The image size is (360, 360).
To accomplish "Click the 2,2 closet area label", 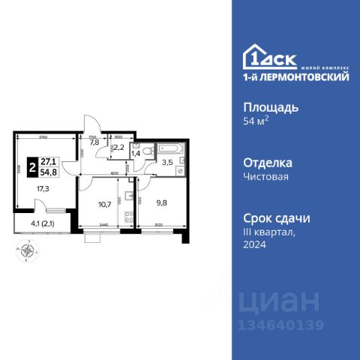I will coord(118,148).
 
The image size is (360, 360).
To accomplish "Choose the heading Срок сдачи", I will coord(277,218).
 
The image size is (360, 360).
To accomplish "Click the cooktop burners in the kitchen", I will coord(128,219).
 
